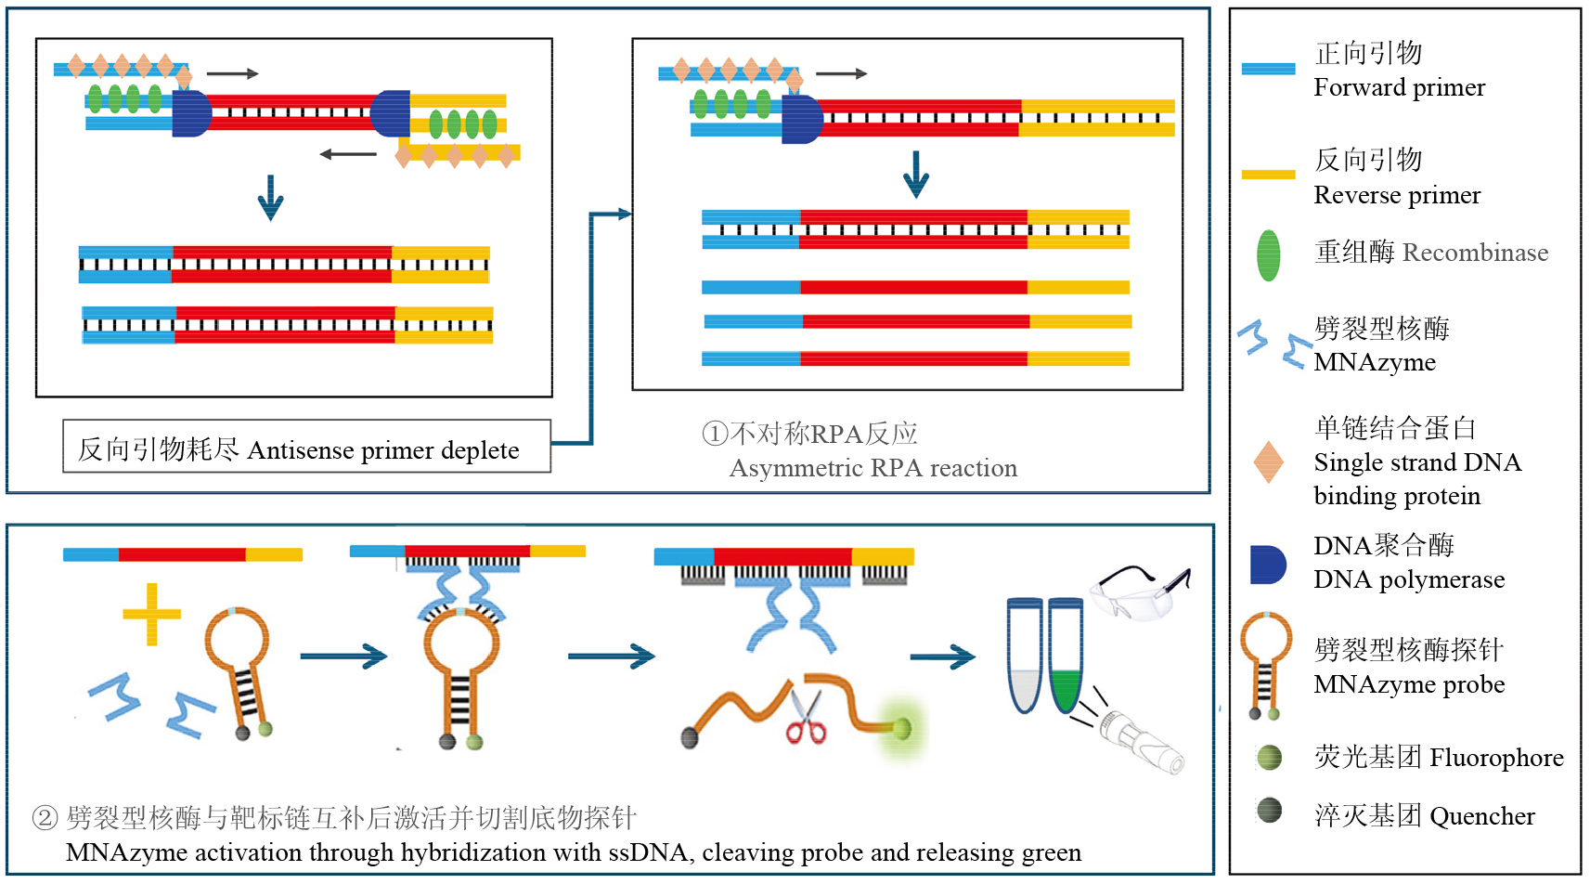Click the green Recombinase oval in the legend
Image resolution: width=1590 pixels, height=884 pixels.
coord(1268,254)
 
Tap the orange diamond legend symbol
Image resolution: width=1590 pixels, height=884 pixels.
coord(1268,461)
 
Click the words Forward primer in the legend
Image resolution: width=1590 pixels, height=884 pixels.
coord(1399,87)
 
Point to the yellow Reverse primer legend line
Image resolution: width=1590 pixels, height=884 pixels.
coord(1268,174)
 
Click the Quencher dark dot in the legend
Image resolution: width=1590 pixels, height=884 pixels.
coord(1269,811)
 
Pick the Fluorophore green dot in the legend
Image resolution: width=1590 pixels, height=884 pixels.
coord(1269,758)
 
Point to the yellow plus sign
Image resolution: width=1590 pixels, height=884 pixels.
coord(151,614)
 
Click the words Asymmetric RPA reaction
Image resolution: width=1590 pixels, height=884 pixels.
coord(873,468)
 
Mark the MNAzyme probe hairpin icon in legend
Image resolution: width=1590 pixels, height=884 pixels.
coord(1266,665)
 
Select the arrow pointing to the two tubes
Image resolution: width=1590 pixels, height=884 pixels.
coord(942,657)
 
